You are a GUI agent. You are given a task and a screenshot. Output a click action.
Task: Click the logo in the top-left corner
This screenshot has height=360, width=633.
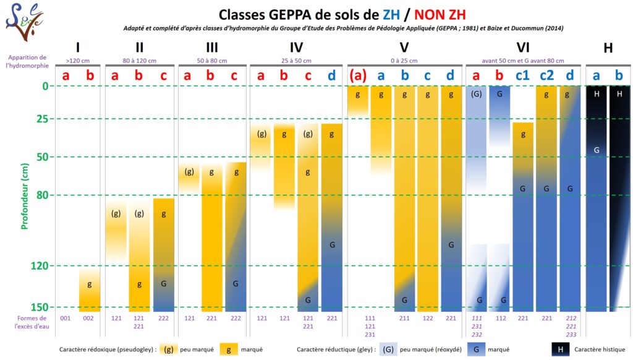pos(24,18)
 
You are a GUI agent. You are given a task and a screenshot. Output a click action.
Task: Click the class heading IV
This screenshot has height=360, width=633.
pos(295,48)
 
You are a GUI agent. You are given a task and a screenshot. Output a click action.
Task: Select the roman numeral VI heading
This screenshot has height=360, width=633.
pos(523,48)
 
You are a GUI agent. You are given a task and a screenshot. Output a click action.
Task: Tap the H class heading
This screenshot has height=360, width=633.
pos(608,48)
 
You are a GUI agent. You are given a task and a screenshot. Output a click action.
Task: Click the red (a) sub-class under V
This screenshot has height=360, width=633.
pos(358,75)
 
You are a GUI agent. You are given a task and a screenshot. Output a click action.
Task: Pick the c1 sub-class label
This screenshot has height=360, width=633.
pos(523,75)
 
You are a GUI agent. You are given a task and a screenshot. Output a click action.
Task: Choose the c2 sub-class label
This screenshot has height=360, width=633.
pos(546,75)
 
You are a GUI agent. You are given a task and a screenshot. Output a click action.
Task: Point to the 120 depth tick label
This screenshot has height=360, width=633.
pos(39,266)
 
